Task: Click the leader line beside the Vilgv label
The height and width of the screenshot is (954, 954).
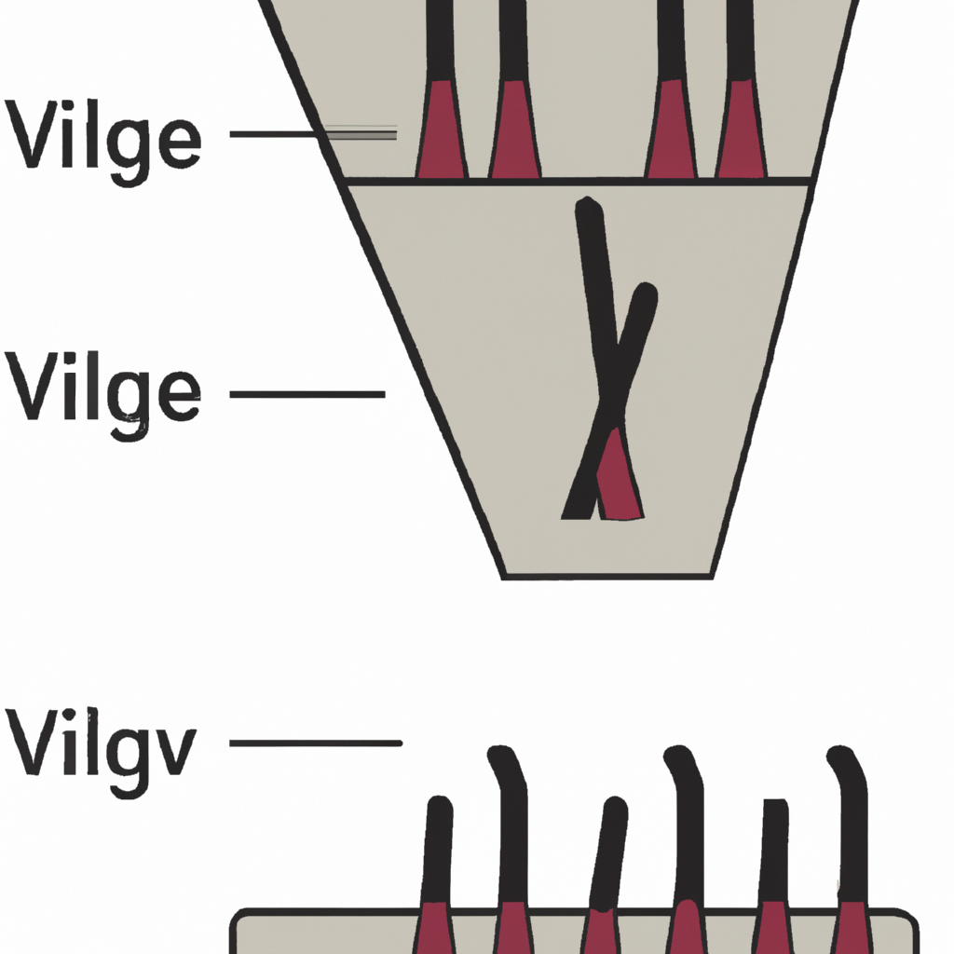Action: tap(315, 743)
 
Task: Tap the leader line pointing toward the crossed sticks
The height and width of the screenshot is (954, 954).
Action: tap(307, 394)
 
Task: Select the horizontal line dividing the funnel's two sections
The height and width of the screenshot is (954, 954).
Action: tap(578, 181)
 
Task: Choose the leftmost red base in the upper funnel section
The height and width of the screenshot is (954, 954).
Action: tap(442, 130)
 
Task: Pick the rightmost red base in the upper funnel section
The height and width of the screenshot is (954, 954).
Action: tap(742, 130)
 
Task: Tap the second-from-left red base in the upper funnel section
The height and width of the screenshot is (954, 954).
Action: tap(515, 130)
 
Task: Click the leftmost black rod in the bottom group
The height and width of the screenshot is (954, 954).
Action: tap(437, 848)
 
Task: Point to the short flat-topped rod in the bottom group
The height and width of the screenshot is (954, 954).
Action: tap(773, 848)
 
